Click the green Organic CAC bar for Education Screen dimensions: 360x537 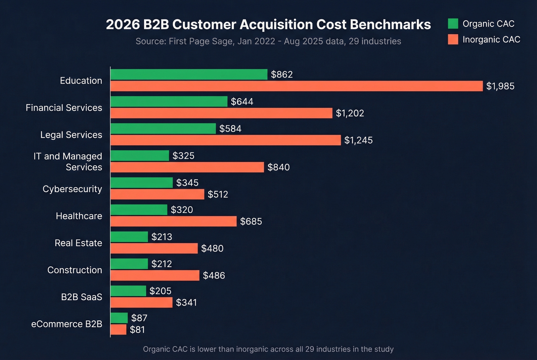pos(189,74)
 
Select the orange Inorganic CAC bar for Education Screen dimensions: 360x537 pos(296,86)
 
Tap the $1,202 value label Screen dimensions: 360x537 pos(350,113)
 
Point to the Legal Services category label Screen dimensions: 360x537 pos(71,135)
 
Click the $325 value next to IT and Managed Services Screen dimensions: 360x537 pos(183,156)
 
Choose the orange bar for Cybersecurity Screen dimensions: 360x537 pos(157,194)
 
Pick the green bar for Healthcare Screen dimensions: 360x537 pos(139,210)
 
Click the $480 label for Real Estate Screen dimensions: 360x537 pos(212,248)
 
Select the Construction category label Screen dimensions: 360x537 pos(75,270)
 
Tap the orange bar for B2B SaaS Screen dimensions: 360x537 pos(142,302)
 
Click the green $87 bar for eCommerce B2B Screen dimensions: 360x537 pos(119,318)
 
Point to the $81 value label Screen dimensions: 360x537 pos(137,330)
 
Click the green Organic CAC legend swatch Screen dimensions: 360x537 pos(453,24)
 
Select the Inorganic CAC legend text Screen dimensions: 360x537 pos(491,39)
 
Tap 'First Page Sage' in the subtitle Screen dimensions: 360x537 pos(201,41)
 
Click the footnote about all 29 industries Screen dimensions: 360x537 pos(268,349)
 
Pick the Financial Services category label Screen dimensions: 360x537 pos(64,108)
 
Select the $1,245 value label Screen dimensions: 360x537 pos(358,140)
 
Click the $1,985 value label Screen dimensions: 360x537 pos(500,86)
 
